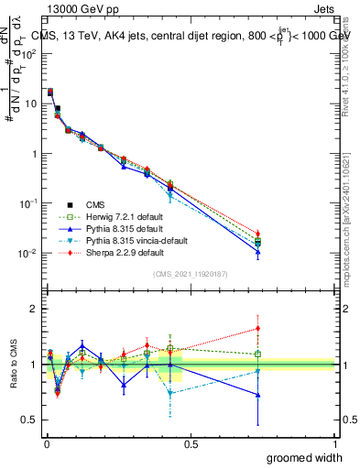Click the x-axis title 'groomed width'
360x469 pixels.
click(307, 457)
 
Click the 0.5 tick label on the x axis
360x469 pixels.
click(190, 443)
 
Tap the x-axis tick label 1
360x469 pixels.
click(333, 443)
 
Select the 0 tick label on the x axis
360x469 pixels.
click(46, 443)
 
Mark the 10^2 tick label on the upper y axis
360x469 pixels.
click(28, 53)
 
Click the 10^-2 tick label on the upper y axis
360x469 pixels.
click(28, 253)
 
